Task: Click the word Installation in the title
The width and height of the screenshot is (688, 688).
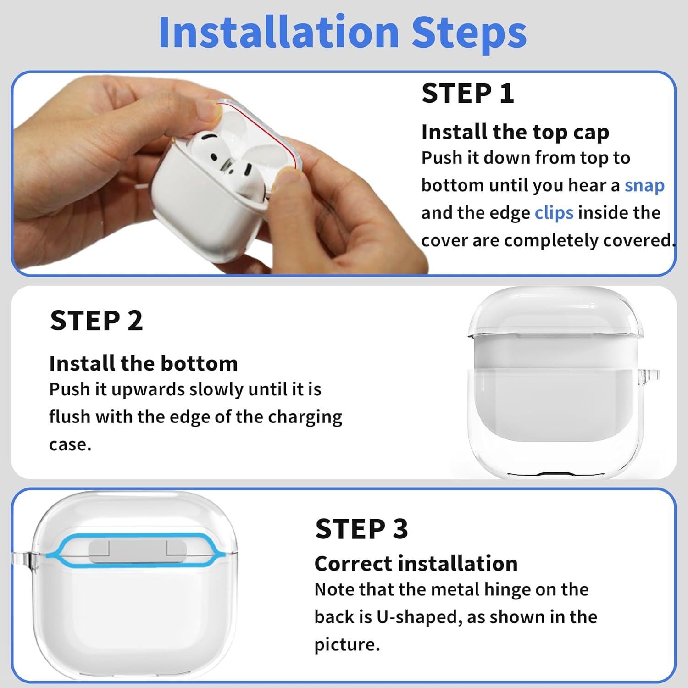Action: [x=278, y=32]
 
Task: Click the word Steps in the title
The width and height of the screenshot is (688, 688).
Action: [x=469, y=32]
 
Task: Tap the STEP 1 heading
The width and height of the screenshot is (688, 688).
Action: [x=467, y=94]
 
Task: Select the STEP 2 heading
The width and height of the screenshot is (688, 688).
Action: [x=96, y=321]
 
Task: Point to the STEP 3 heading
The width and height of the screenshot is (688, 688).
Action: [x=361, y=529]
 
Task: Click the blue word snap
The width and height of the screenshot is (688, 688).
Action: [x=644, y=185]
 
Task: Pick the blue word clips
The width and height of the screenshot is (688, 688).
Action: [x=554, y=213]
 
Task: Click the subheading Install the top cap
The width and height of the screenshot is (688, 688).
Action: [x=515, y=132]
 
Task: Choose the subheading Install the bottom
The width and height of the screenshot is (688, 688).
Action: [x=144, y=364]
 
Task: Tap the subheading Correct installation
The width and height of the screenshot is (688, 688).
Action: [x=416, y=564]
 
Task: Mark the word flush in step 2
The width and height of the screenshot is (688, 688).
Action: [x=70, y=417]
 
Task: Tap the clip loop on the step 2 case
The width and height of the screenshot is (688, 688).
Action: [x=652, y=373]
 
